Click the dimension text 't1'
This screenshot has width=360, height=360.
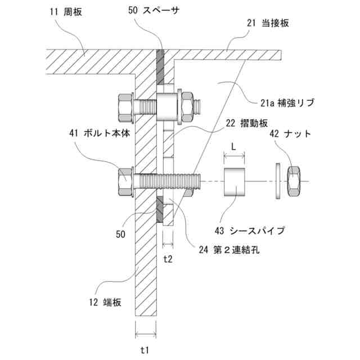[x=144, y=350]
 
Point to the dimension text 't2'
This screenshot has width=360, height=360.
[x=168, y=259]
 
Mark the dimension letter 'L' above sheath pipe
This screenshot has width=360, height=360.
[x=235, y=145]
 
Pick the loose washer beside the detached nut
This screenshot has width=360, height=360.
[x=279, y=181]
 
